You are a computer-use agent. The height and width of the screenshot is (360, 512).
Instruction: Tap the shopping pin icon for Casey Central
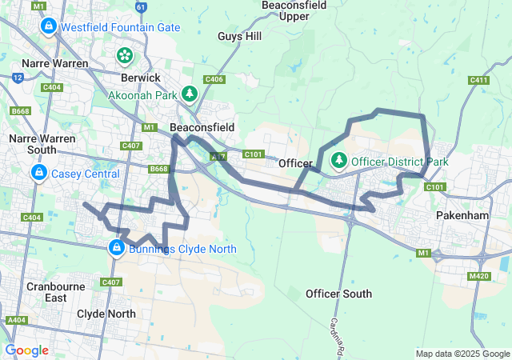pyautogui.click(x=38, y=173)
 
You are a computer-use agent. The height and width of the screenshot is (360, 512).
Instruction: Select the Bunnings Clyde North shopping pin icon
pyautogui.click(x=116, y=248)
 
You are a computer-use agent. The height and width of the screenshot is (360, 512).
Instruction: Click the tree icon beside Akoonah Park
pyautogui.click(x=190, y=94)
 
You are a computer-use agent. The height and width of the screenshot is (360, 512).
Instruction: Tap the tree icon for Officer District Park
pyautogui.click(x=339, y=161)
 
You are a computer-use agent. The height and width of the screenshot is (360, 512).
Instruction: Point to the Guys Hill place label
pyautogui.click(x=239, y=36)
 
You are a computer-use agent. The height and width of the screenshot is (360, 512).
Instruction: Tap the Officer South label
pyautogui.click(x=338, y=294)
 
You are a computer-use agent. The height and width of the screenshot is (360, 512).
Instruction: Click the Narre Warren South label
pyautogui.click(x=42, y=144)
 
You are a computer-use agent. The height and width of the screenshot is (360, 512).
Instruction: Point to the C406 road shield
pyautogui.click(x=214, y=79)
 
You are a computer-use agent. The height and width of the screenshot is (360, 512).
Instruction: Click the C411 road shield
pyautogui.click(x=479, y=80)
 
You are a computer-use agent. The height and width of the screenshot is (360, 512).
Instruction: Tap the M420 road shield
pyautogui.click(x=480, y=276)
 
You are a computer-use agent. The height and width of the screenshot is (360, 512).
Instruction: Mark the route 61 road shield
pyautogui.click(x=141, y=6)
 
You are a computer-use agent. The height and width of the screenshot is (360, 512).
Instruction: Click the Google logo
pyautogui.click(x=26, y=350)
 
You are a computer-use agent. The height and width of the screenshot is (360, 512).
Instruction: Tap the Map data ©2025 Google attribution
pyautogui.click(x=462, y=354)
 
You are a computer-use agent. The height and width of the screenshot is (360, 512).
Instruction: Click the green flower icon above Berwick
pyautogui.click(x=125, y=55)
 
